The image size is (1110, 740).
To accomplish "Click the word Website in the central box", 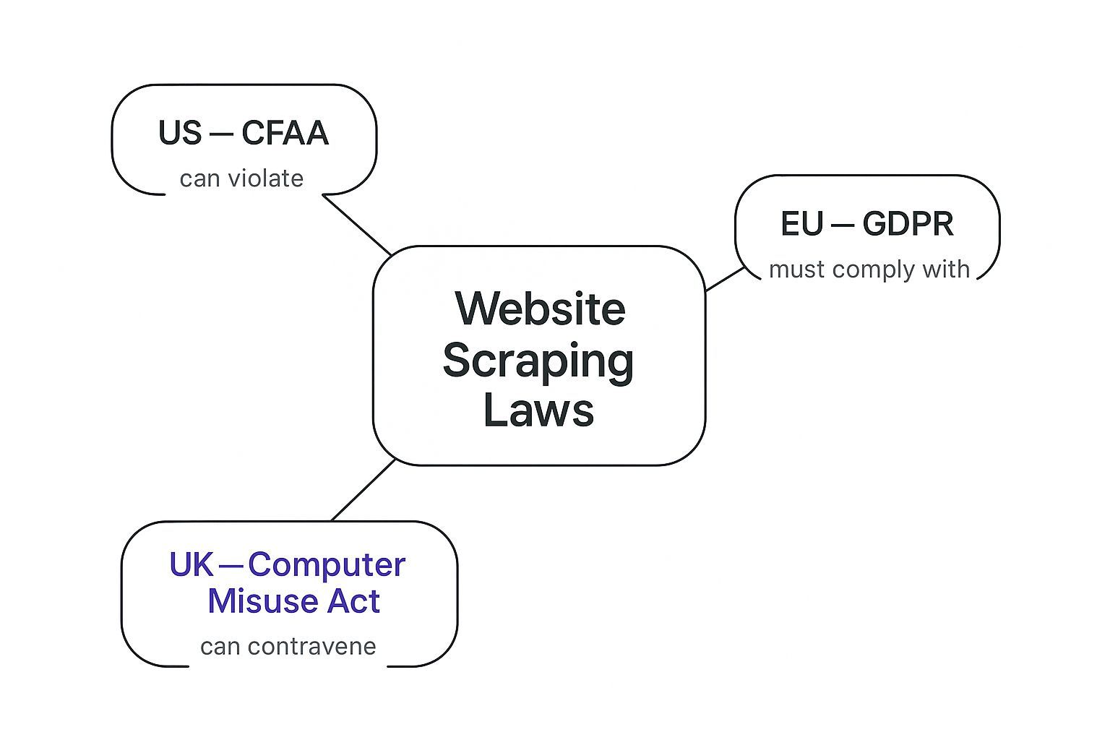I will coord(540,309).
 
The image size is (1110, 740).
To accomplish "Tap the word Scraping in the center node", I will coord(538,360).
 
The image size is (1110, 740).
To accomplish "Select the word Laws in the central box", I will coord(538,410).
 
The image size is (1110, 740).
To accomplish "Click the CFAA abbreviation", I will coord(285,134).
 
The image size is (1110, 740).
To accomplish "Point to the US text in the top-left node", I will coord(180,134).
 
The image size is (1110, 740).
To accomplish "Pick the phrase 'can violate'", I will coord(241,178).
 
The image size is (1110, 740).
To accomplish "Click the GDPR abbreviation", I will coord(908,224).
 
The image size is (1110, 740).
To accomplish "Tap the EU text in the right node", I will coord(802,224).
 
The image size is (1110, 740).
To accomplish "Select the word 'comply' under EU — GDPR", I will coord(861,270).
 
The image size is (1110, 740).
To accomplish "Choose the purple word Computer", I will coord(327,564).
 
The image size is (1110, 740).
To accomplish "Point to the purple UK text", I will coord(192,564).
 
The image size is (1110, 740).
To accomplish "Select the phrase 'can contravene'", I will coord(288,646).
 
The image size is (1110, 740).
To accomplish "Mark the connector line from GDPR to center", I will coord(725,279).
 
